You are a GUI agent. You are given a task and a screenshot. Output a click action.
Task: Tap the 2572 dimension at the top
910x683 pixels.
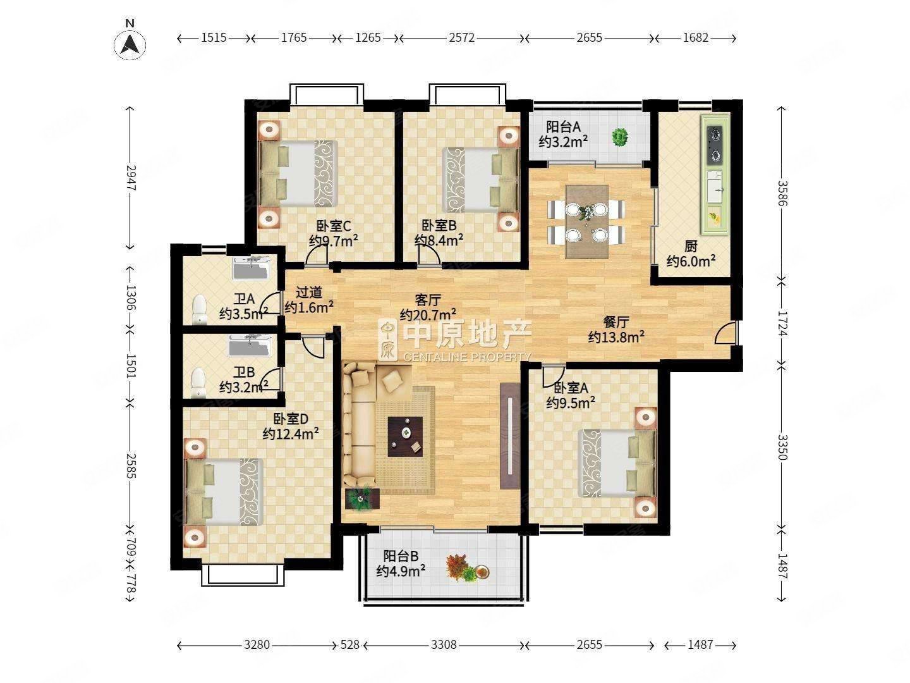coord(461,38)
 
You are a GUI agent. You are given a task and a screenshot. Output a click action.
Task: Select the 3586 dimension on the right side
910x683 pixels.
coord(782,193)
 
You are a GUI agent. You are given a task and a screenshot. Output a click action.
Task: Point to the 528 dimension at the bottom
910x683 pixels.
coord(349,645)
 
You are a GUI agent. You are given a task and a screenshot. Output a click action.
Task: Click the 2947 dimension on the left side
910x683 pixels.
coord(130,178)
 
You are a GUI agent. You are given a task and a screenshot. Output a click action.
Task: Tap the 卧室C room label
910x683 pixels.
coord(334,225)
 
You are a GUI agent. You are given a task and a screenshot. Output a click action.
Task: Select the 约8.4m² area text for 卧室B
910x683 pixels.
coord(439,240)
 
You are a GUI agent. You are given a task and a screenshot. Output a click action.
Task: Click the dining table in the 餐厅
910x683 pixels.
coord(586,221)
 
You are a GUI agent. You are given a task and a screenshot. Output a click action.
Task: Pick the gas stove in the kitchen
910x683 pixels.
coord(715,144)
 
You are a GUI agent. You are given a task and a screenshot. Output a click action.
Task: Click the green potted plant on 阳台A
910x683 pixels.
coord(619,137)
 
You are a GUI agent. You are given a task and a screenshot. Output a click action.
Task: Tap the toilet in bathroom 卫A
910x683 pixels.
coord(200,308)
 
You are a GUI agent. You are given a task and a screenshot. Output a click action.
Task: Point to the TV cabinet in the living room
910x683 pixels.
coord(509,436)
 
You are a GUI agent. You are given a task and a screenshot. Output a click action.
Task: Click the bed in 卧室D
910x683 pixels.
coord(222,492)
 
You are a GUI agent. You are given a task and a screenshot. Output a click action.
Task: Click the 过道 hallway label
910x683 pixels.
coord(310,292)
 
